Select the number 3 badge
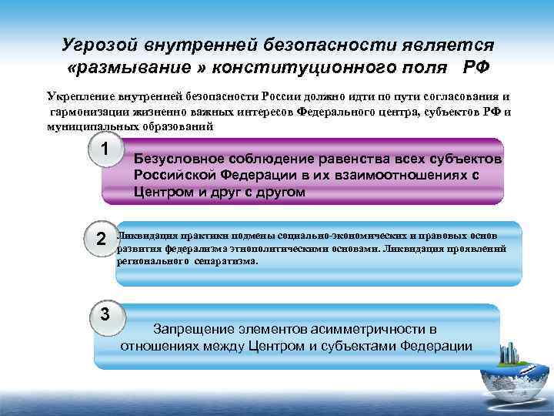point(105,315)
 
